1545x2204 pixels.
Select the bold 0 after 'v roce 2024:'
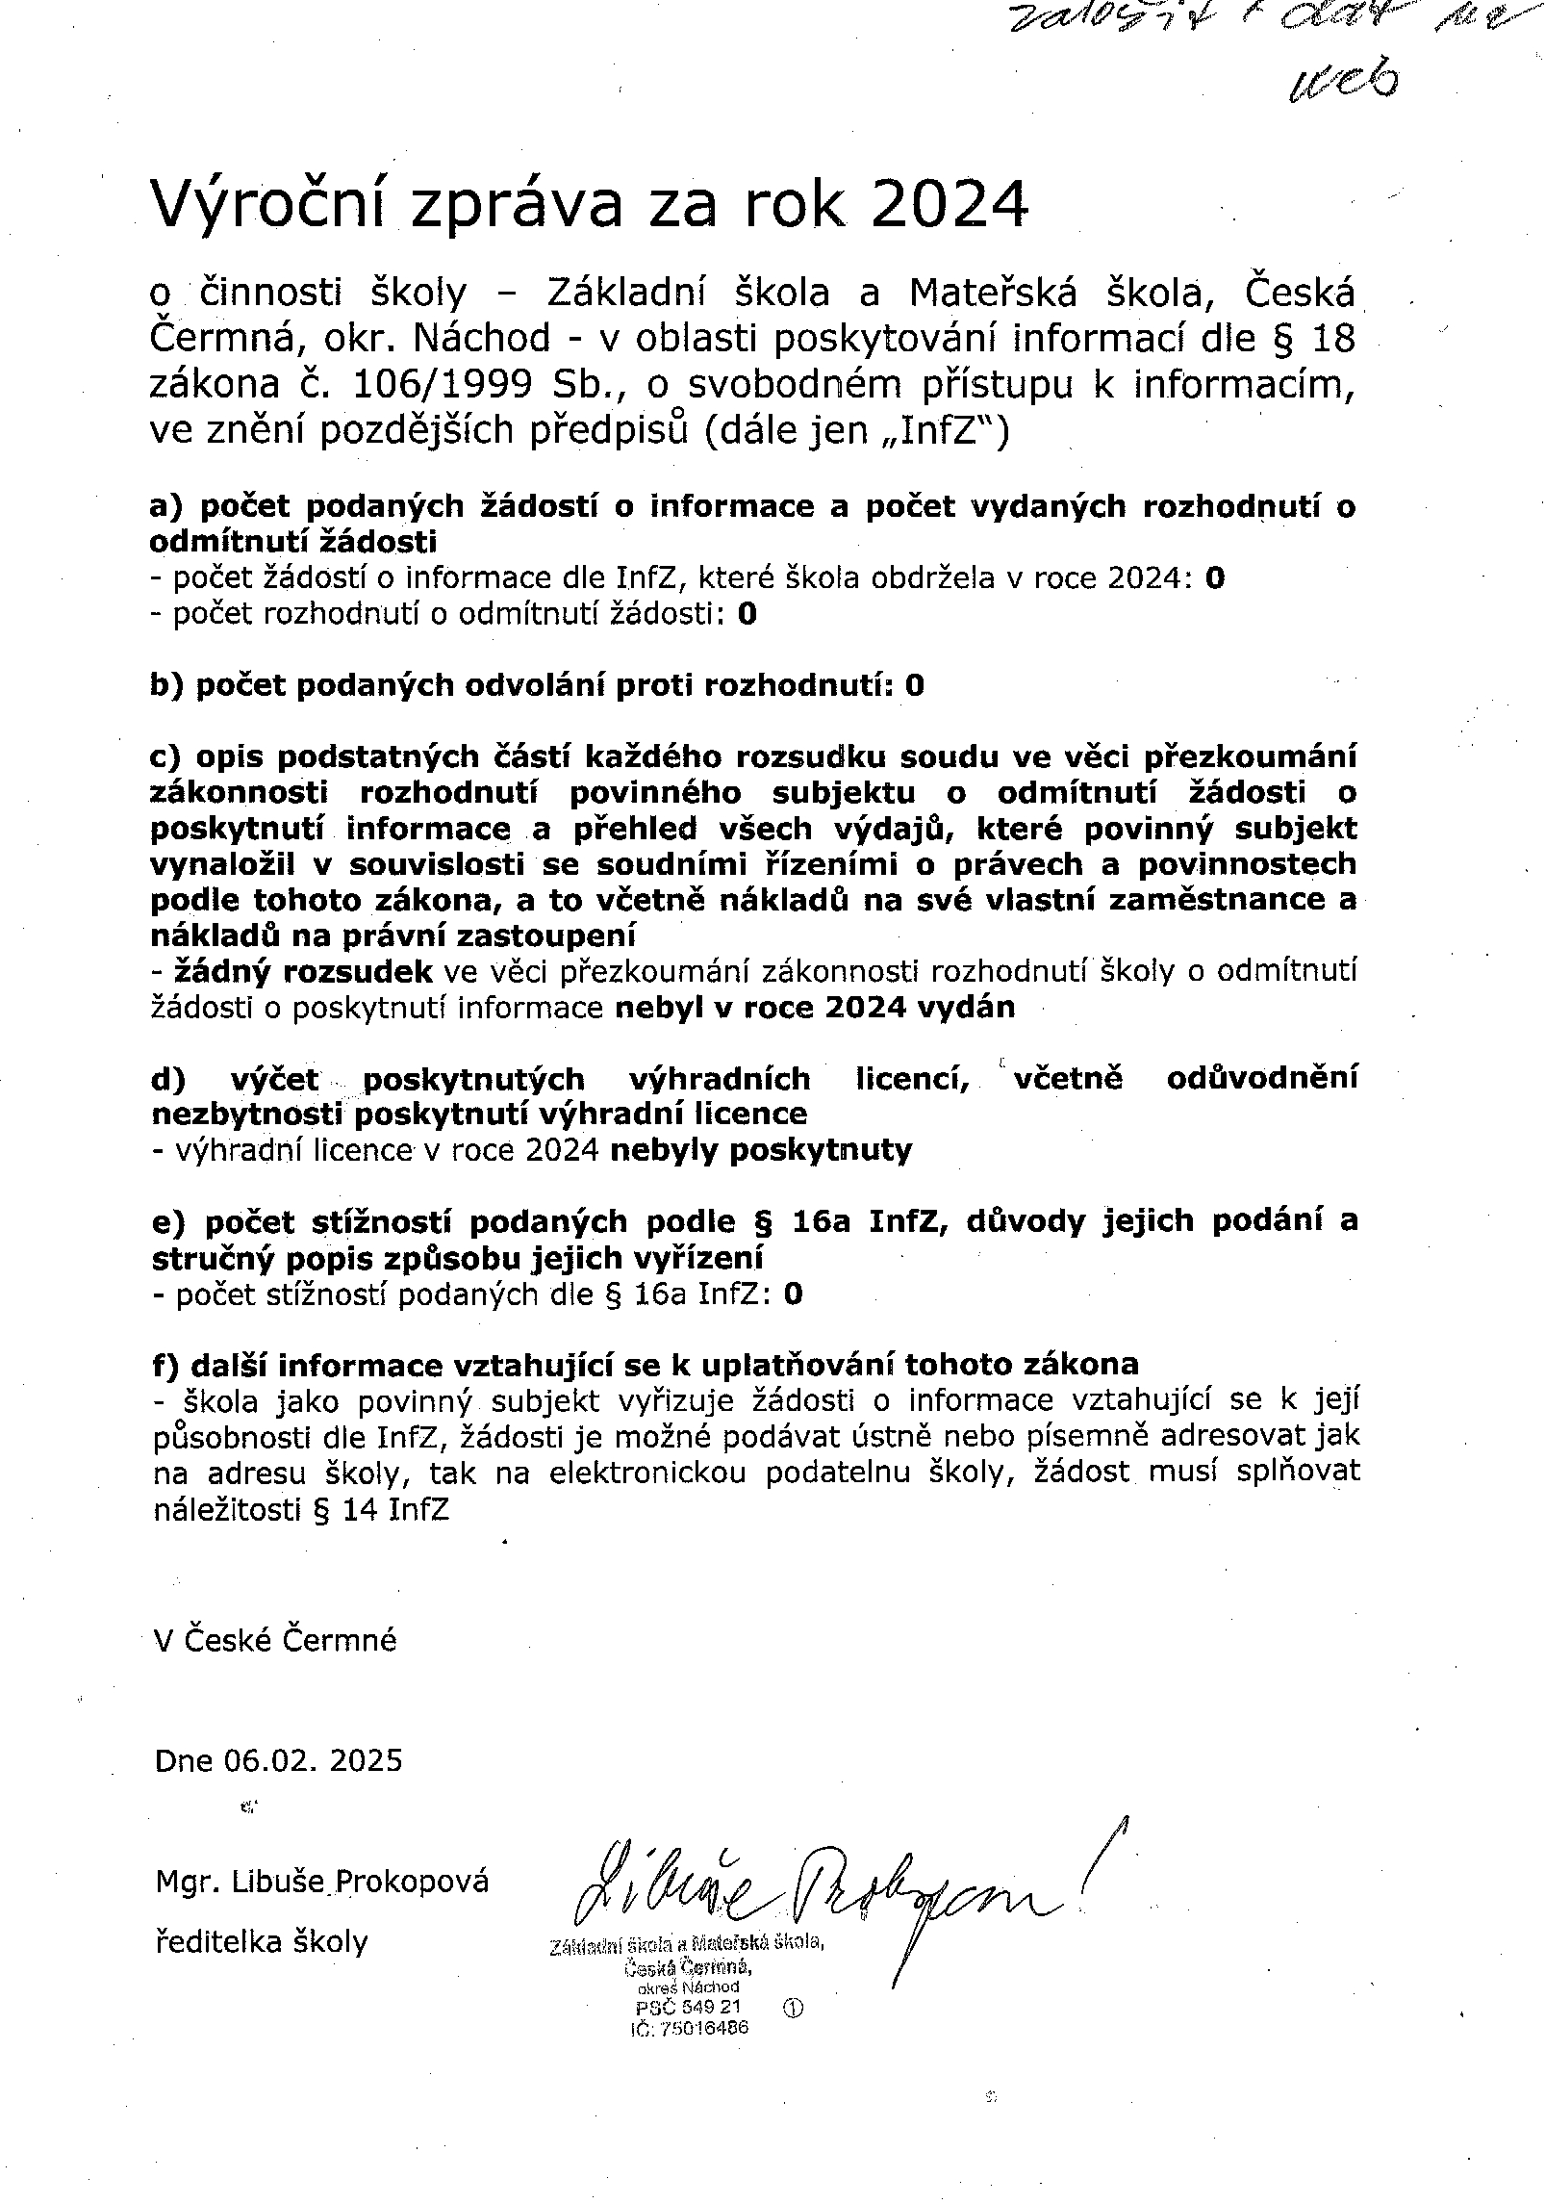(x=1215, y=578)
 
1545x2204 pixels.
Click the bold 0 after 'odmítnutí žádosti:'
(x=747, y=614)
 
